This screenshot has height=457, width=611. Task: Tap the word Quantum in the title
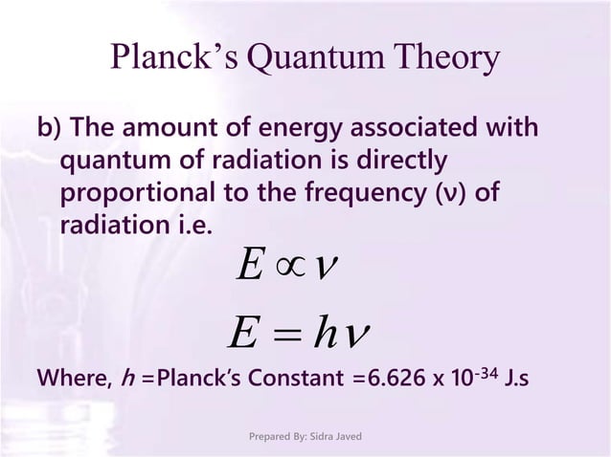point(307,58)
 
